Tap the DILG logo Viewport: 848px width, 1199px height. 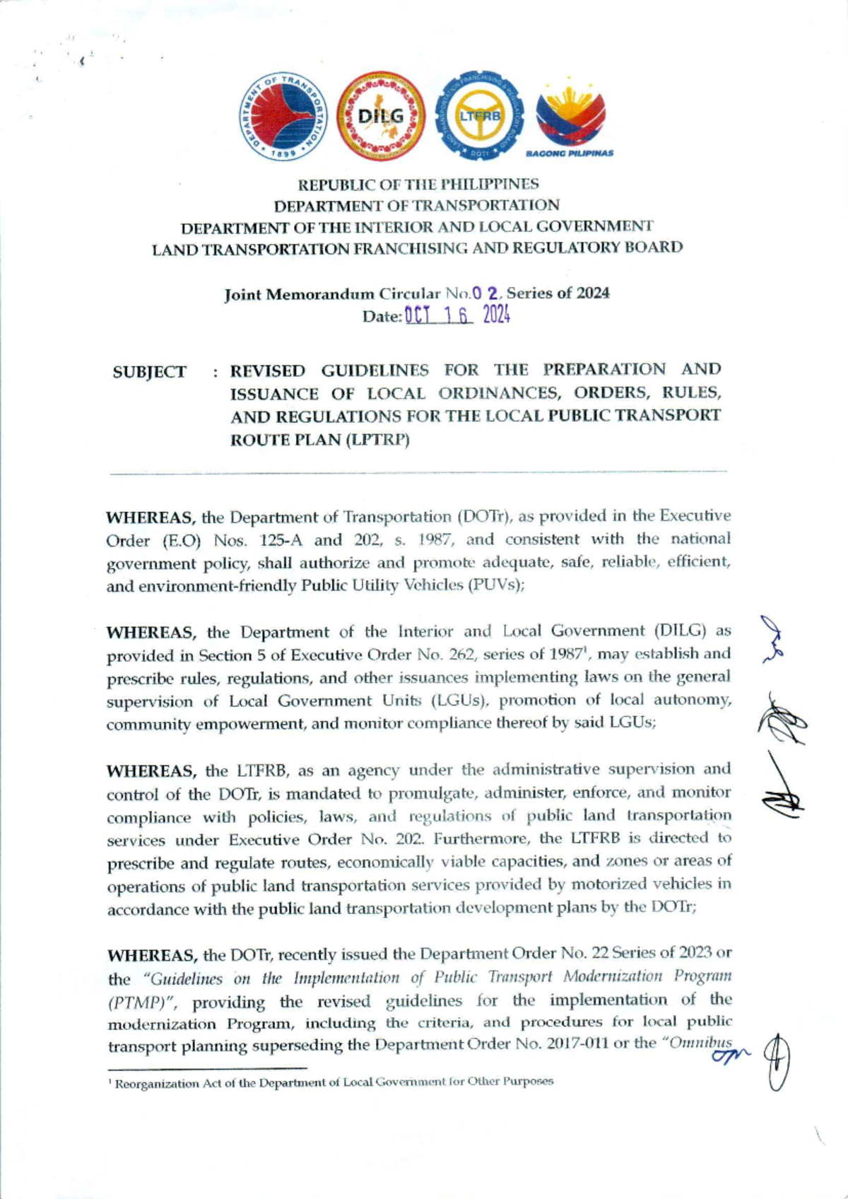point(382,116)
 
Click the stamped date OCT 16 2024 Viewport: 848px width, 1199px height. point(457,315)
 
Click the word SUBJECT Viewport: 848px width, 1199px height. point(149,372)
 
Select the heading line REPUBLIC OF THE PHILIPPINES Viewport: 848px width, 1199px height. point(418,185)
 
